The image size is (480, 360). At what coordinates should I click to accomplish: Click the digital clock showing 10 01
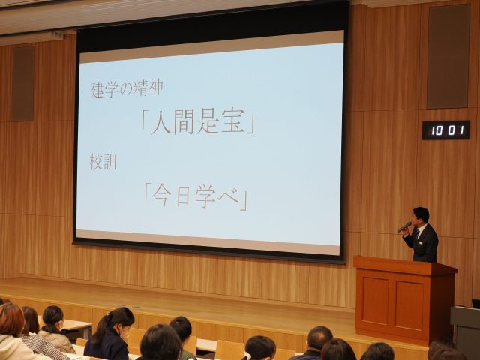pyautogui.click(x=445, y=130)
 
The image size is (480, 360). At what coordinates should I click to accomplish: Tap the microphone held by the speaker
pyautogui.click(x=404, y=226)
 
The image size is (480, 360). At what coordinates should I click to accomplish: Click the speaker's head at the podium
pyautogui.click(x=420, y=217)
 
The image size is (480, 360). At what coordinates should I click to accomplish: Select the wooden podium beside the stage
pyautogui.click(x=405, y=298)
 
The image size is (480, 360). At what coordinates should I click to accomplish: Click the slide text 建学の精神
pyautogui.click(x=127, y=88)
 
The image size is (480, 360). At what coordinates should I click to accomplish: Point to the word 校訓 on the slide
pyautogui.click(x=103, y=162)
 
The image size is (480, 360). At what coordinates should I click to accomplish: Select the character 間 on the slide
pyautogui.click(x=184, y=121)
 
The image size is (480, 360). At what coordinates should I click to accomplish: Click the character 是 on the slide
pyautogui.click(x=208, y=121)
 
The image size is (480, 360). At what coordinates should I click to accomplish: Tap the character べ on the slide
pyautogui.click(x=227, y=196)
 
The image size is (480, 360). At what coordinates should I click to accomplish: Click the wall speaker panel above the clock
pyautogui.click(x=448, y=56)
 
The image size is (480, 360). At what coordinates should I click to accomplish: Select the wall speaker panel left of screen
pyautogui.click(x=23, y=83)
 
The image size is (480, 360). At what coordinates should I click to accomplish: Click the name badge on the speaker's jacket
pyautogui.click(x=421, y=243)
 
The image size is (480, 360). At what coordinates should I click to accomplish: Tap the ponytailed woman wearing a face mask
pyautogui.click(x=110, y=334)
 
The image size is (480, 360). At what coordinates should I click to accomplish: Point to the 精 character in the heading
pyautogui.click(x=141, y=88)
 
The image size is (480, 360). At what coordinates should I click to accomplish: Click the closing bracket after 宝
pyautogui.click(x=251, y=124)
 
